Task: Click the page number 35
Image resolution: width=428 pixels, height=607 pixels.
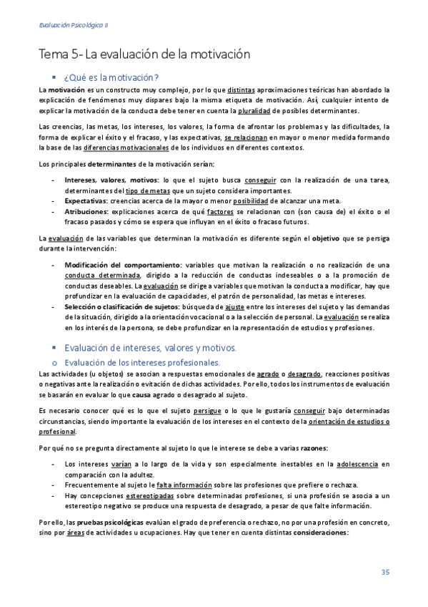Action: (384, 571)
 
